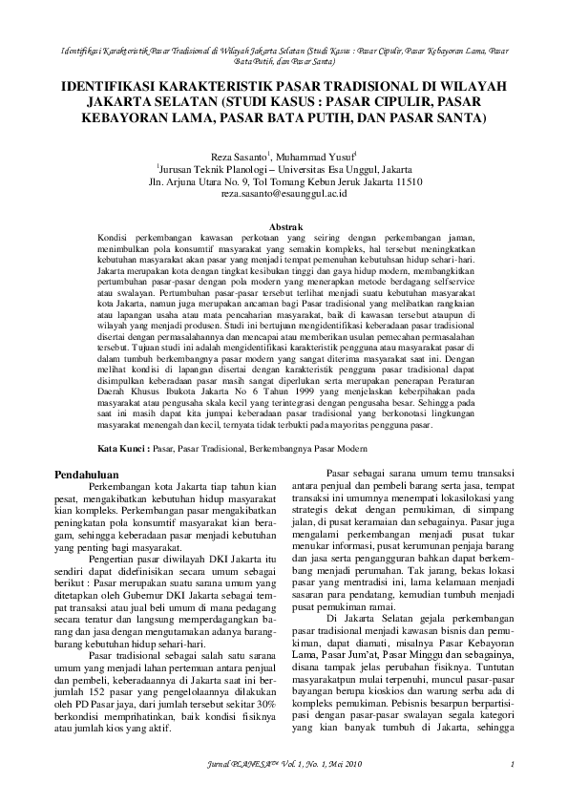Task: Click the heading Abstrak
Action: [284, 224]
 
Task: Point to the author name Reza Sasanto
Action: [240, 154]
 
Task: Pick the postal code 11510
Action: [408, 179]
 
